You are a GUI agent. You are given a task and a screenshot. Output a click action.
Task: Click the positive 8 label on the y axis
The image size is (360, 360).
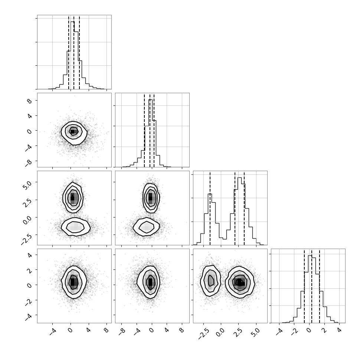tap(30, 101)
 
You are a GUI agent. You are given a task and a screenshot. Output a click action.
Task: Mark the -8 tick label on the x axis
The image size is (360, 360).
tap(123, 331)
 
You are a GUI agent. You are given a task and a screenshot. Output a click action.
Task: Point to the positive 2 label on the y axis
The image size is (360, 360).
tap(30, 270)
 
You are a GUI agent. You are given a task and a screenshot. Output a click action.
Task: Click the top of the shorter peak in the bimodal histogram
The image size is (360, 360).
tap(210, 194)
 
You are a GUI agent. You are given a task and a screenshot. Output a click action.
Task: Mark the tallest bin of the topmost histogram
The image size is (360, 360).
tap(72, 55)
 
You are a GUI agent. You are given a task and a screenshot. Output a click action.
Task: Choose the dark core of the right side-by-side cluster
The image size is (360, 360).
tap(240, 282)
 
